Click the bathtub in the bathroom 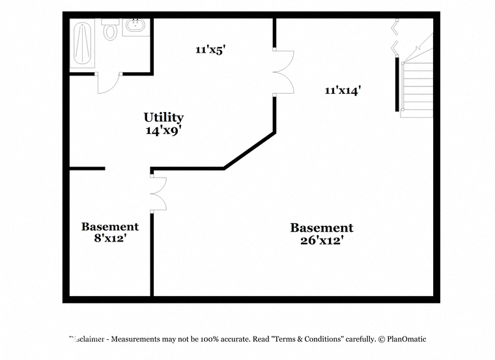tap(82, 43)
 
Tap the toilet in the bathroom tap(110, 29)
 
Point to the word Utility tap(163, 117)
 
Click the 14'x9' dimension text tap(163, 130)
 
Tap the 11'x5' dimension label tap(210, 50)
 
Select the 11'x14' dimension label tap(343, 90)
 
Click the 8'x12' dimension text tap(110, 238)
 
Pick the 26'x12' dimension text tap(322, 240)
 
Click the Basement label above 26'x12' tap(322, 228)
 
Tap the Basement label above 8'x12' tap(110, 227)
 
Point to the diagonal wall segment tap(249, 151)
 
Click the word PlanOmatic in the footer tap(406, 339)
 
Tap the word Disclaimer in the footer tap(87, 339)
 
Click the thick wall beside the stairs tap(397, 83)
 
